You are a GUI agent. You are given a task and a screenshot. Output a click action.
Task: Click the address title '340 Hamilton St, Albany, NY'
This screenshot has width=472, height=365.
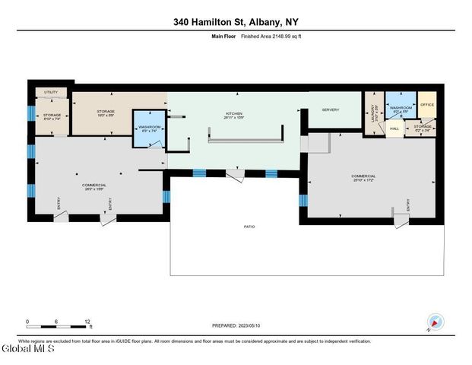(236, 23)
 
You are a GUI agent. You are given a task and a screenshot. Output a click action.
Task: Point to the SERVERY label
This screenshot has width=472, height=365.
(330, 109)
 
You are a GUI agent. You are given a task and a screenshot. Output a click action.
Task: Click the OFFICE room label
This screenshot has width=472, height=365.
(427, 104)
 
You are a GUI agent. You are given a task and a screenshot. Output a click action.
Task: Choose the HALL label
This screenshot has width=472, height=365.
(394, 129)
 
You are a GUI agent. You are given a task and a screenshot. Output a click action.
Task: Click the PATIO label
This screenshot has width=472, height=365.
(249, 227)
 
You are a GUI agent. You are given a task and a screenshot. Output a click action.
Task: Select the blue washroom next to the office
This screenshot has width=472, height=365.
(401, 108)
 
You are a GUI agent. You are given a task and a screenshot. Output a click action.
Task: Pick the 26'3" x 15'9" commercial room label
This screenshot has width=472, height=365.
(94, 187)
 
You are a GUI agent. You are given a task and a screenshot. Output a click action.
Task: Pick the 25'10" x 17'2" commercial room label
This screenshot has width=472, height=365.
(363, 178)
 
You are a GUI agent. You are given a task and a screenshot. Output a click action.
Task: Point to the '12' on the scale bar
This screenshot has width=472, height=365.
(89, 322)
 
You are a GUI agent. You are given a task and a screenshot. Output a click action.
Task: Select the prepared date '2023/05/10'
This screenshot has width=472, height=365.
(249, 325)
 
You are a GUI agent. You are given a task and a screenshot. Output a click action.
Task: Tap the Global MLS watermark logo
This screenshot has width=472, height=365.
(27, 350)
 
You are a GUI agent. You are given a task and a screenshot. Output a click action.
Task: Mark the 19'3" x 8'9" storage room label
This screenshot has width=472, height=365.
(106, 113)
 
